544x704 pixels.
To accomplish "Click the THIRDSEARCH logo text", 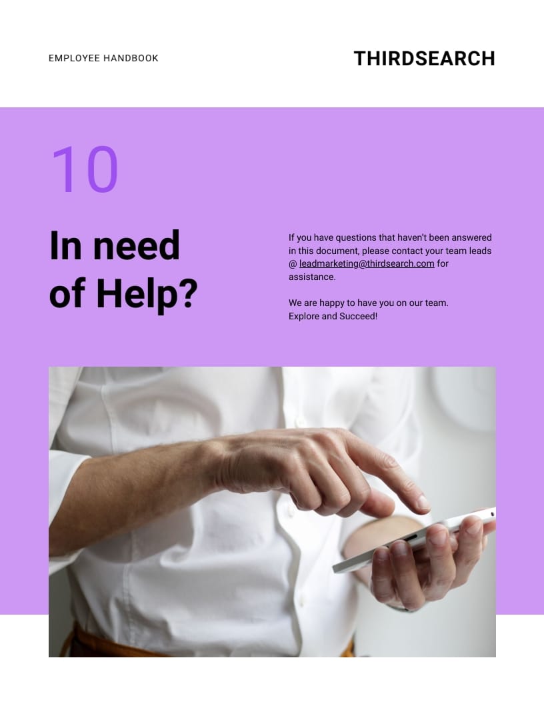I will click(424, 59).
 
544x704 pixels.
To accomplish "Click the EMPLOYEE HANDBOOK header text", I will click(103, 59).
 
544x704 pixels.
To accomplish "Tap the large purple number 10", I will click(84, 170).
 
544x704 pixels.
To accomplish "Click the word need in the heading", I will click(137, 245).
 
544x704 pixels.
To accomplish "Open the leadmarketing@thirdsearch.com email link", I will click(367, 263).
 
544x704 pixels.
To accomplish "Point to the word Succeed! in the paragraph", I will click(359, 316).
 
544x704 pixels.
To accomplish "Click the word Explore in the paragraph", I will click(303, 316).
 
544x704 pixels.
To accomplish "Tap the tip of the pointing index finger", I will click(423, 503).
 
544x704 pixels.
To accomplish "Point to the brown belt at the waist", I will click(100, 644).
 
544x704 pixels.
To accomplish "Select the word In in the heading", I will click(65, 245).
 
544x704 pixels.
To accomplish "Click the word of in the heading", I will click(68, 293).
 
